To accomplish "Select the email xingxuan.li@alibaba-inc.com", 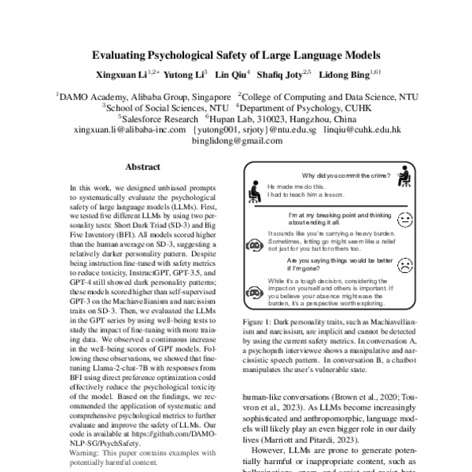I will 128,130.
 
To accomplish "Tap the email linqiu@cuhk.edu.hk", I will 363,130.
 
